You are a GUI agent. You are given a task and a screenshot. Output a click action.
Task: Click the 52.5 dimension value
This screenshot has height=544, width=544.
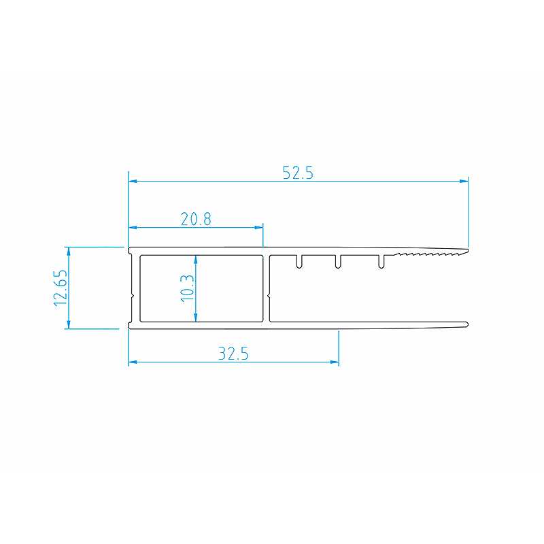tap(298, 173)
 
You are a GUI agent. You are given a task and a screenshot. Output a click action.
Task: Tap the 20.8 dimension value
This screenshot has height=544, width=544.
tap(196, 219)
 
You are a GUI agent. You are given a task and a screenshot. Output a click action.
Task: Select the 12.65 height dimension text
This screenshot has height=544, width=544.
tap(61, 288)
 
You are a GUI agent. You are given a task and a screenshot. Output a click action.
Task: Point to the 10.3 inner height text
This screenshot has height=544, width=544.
tap(187, 288)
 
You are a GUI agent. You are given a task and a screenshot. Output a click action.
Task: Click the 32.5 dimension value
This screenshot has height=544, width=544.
tap(233, 354)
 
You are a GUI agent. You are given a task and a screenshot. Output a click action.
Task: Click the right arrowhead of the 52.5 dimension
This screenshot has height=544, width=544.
tap(464, 181)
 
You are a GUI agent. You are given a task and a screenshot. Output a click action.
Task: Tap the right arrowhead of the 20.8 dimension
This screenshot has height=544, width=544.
tap(259, 228)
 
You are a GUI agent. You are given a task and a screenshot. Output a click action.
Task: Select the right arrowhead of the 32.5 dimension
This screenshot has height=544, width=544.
tap(335, 362)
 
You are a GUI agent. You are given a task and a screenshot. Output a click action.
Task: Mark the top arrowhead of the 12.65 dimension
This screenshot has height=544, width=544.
tap(69, 251)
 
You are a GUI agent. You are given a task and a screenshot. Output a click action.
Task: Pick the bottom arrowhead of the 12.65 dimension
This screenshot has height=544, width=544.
tap(69, 324)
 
